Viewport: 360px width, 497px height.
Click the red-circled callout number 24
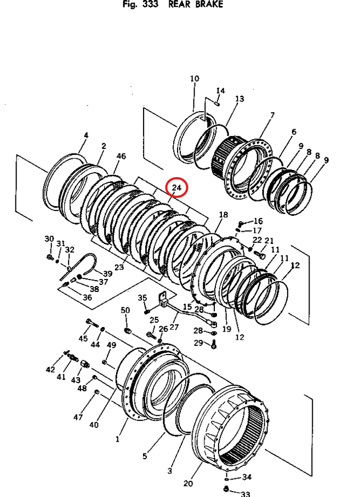point(177,188)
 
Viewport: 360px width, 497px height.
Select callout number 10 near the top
point(195,79)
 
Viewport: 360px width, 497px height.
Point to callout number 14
point(220,90)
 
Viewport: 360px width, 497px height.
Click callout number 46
point(121,156)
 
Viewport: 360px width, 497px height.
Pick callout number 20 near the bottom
point(188,483)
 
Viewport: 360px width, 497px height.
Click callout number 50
point(125,311)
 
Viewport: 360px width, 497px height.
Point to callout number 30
point(49,239)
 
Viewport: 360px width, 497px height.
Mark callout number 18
point(223,214)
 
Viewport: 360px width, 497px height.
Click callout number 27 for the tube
point(174,327)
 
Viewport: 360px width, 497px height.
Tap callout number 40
point(94,425)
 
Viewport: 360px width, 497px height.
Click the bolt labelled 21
point(261,255)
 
